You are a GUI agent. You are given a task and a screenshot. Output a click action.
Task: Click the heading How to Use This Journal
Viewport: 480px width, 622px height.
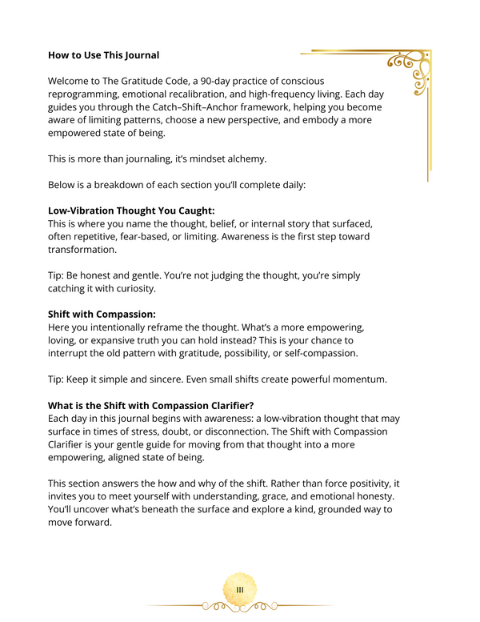[103, 55]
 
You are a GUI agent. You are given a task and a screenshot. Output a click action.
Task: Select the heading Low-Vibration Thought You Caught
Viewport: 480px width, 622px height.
[131, 211]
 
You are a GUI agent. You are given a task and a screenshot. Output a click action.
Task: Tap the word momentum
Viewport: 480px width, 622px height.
[388, 378]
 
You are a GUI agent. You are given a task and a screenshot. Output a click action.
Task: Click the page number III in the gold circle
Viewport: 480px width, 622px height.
[239, 590]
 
